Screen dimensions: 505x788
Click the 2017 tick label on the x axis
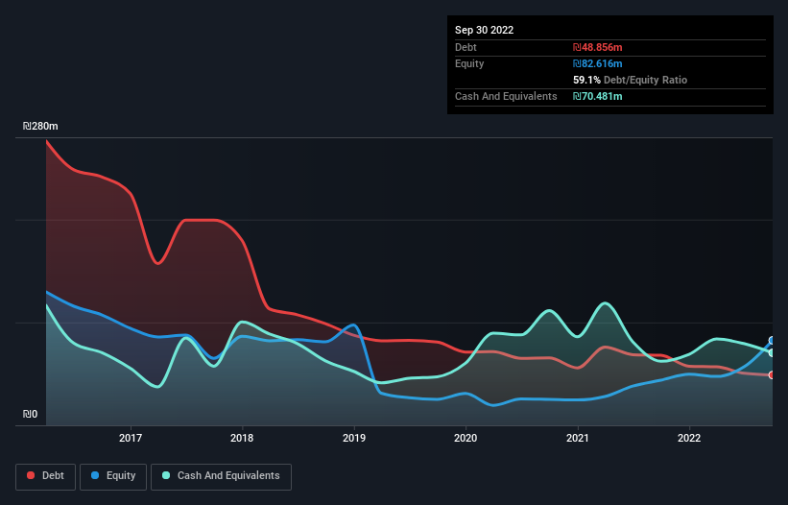[131, 439]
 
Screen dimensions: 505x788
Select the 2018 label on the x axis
[242, 439]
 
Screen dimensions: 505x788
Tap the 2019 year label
[354, 439]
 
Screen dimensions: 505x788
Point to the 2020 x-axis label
[466, 439]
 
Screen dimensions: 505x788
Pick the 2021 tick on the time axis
[578, 439]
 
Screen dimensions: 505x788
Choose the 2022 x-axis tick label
[689, 439]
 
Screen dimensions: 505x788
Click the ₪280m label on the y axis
[40, 127]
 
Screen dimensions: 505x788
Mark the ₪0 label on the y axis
[30, 415]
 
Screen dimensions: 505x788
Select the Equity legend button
[113, 476]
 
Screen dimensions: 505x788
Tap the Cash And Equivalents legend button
[221, 476]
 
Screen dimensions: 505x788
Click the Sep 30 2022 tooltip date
[484, 30]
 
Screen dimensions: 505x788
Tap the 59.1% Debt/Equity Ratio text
[630, 80]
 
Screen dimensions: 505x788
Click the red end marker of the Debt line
[771, 374]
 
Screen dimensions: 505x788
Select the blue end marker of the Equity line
[771, 341]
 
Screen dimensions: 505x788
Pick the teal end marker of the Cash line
[771, 353]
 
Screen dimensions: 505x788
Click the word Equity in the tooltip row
[469, 63]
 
